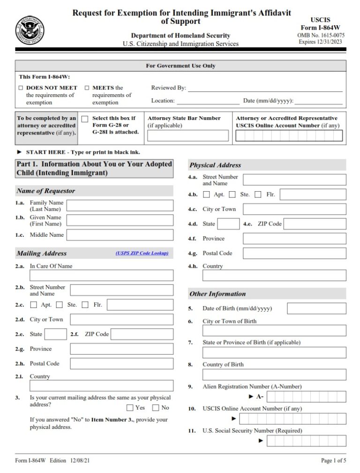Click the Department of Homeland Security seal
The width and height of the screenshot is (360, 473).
(x=30, y=31)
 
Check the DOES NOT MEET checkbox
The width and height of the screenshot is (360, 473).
(x=21, y=88)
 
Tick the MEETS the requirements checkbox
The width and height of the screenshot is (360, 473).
(x=87, y=88)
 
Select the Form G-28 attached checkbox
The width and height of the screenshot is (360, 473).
(x=85, y=119)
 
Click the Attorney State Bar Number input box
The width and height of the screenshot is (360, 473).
(x=188, y=135)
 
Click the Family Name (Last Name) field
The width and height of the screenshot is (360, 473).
(x=120, y=205)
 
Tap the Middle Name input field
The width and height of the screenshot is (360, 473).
(x=120, y=235)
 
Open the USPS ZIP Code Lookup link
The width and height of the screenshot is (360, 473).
(x=142, y=253)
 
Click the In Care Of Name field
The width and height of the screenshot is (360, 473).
(x=101, y=275)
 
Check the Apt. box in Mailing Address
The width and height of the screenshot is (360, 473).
(x=34, y=305)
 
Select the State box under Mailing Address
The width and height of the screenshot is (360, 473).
(x=56, y=334)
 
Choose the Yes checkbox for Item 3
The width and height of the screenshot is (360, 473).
(x=130, y=408)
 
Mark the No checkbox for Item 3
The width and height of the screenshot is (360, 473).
(x=156, y=408)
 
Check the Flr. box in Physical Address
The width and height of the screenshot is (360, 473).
(x=258, y=195)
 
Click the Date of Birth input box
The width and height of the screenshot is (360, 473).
(x=316, y=308)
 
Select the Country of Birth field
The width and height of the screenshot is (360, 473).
(x=274, y=375)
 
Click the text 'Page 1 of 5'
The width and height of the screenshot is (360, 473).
(x=333, y=461)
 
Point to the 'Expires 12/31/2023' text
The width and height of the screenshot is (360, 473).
(x=321, y=42)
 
